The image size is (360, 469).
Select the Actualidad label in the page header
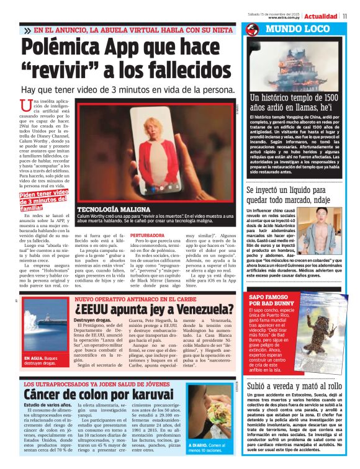click(321, 16)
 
